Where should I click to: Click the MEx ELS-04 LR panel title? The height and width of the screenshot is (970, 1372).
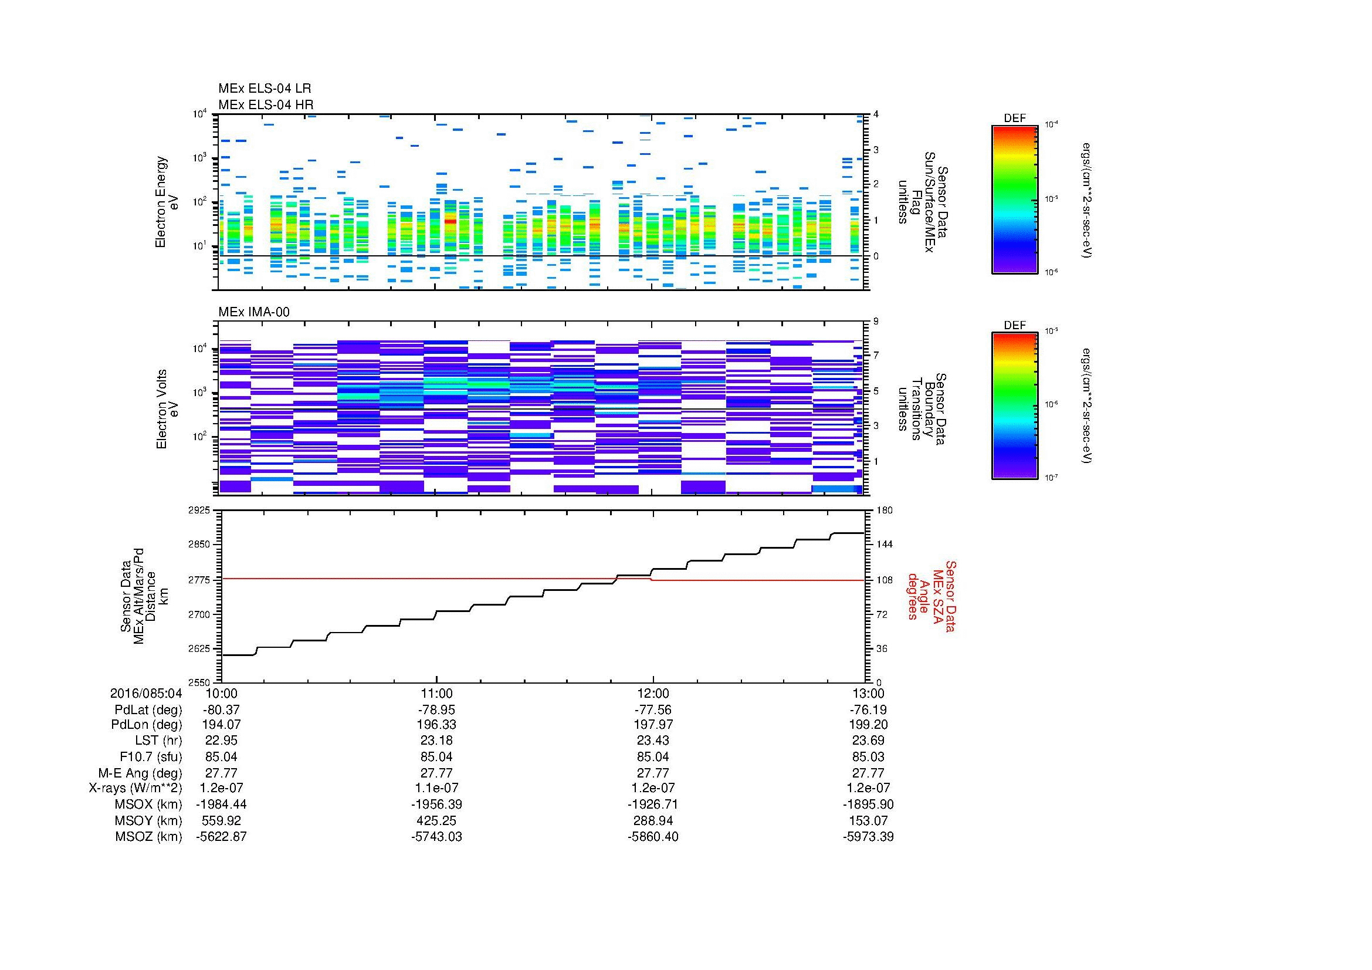coord(265,89)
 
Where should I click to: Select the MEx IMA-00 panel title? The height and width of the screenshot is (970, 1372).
coord(254,312)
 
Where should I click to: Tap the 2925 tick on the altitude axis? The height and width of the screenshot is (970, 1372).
coord(200,511)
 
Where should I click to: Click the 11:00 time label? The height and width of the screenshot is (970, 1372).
coord(437,694)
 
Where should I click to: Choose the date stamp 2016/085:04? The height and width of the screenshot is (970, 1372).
coord(146,694)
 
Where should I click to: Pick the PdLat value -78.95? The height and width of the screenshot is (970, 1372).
coord(437,710)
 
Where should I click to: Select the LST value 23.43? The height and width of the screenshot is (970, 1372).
coord(653,741)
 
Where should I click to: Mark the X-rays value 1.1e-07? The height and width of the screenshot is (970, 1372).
coord(437,788)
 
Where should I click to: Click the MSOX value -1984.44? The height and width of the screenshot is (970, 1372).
coord(222,805)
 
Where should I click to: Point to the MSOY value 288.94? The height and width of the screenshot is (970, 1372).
coord(653,821)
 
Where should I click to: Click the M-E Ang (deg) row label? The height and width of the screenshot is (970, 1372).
coord(140,773)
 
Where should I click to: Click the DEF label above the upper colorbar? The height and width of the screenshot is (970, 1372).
coord(1015,119)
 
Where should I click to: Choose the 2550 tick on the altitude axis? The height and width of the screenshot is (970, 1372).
coord(200,682)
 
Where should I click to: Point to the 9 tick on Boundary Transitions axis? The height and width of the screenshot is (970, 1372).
coord(876,322)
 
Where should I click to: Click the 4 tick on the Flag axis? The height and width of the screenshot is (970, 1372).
coord(876,114)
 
